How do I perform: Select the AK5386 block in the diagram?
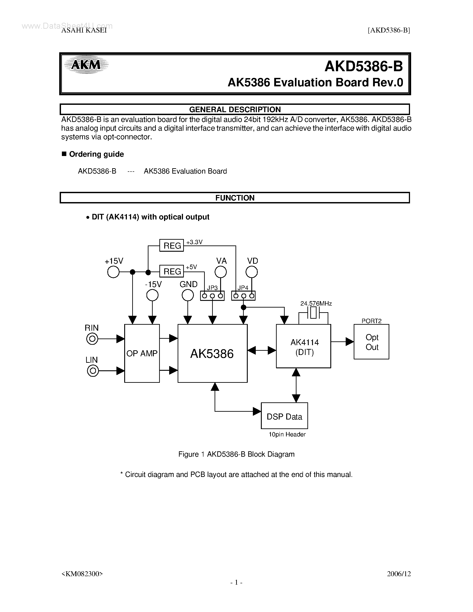pos(212,353)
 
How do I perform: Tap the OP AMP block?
pos(142,353)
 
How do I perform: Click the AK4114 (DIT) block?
pos(303,346)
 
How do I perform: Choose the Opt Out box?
pos(371,342)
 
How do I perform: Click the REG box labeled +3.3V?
pos(171,245)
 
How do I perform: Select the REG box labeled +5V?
pos(171,271)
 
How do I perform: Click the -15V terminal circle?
pos(152,295)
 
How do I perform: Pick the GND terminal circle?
pos(187,295)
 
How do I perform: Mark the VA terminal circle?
pos(221,272)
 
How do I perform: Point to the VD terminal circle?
pos(252,272)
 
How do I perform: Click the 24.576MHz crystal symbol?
pos(313,313)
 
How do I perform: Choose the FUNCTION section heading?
pos(235,198)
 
